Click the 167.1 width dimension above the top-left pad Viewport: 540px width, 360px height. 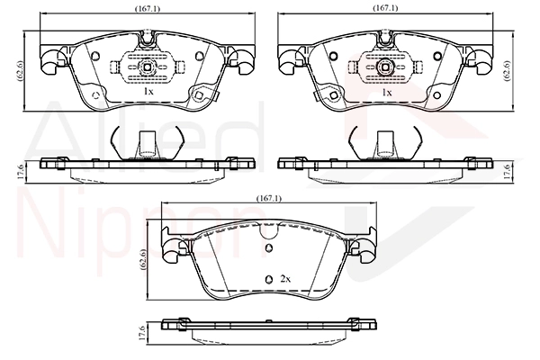148,9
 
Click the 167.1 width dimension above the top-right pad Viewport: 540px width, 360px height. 385,8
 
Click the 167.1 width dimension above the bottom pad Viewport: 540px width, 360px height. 269,198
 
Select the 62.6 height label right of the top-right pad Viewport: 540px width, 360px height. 508,71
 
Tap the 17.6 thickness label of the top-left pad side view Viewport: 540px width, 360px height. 20,171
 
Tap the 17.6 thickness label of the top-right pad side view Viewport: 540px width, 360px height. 507,171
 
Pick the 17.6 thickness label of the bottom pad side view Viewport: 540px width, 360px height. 140,333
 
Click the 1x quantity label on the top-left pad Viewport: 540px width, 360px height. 148,91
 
